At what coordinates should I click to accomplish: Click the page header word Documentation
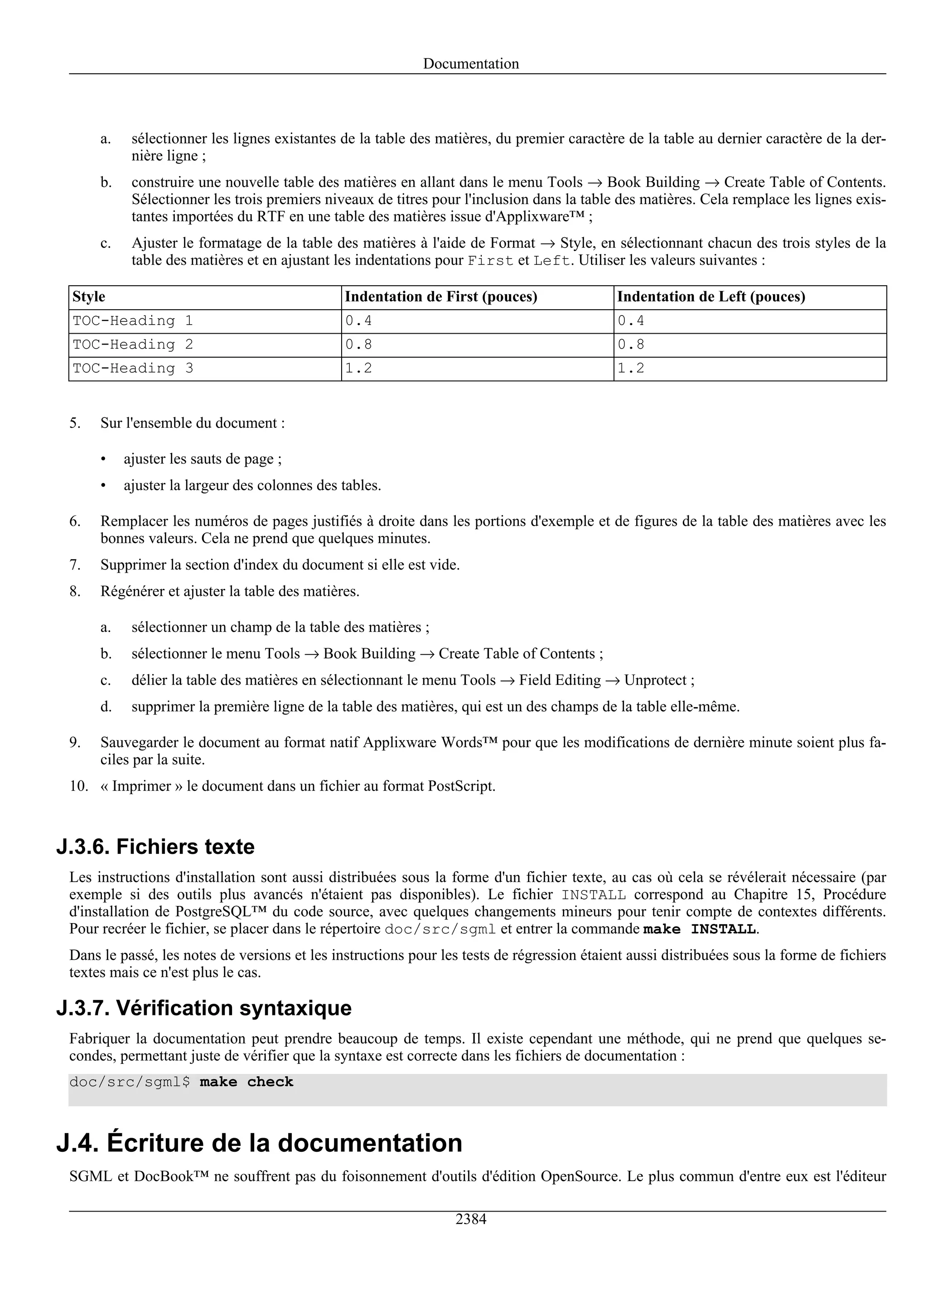tap(471, 63)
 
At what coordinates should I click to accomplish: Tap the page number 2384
tap(471, 1219)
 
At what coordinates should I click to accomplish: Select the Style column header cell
tap(89, 297)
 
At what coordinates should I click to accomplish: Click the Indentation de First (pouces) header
tap(440, 297)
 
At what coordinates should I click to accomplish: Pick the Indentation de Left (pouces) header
tap(710, 297)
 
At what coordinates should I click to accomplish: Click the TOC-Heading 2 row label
tap(133, 345)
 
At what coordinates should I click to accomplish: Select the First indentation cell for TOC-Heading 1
tap(358, 321)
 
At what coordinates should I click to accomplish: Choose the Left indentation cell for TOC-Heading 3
tap(631, 368)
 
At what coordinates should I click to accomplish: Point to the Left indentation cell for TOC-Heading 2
tap(631, 345)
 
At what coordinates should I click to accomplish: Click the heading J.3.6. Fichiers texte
tap(155, 846)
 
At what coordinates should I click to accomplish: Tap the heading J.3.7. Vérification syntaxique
tap(204, 1007)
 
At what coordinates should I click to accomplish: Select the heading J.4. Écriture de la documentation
tap(259, 1143)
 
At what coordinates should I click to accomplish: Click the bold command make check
tap(246, 1082)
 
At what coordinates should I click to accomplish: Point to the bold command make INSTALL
tap(699, 929)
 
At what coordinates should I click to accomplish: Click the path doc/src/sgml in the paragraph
tap(440, 929)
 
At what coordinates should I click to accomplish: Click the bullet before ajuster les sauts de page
tap(103, 460)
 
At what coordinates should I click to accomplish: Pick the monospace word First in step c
tap(490, 261)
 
